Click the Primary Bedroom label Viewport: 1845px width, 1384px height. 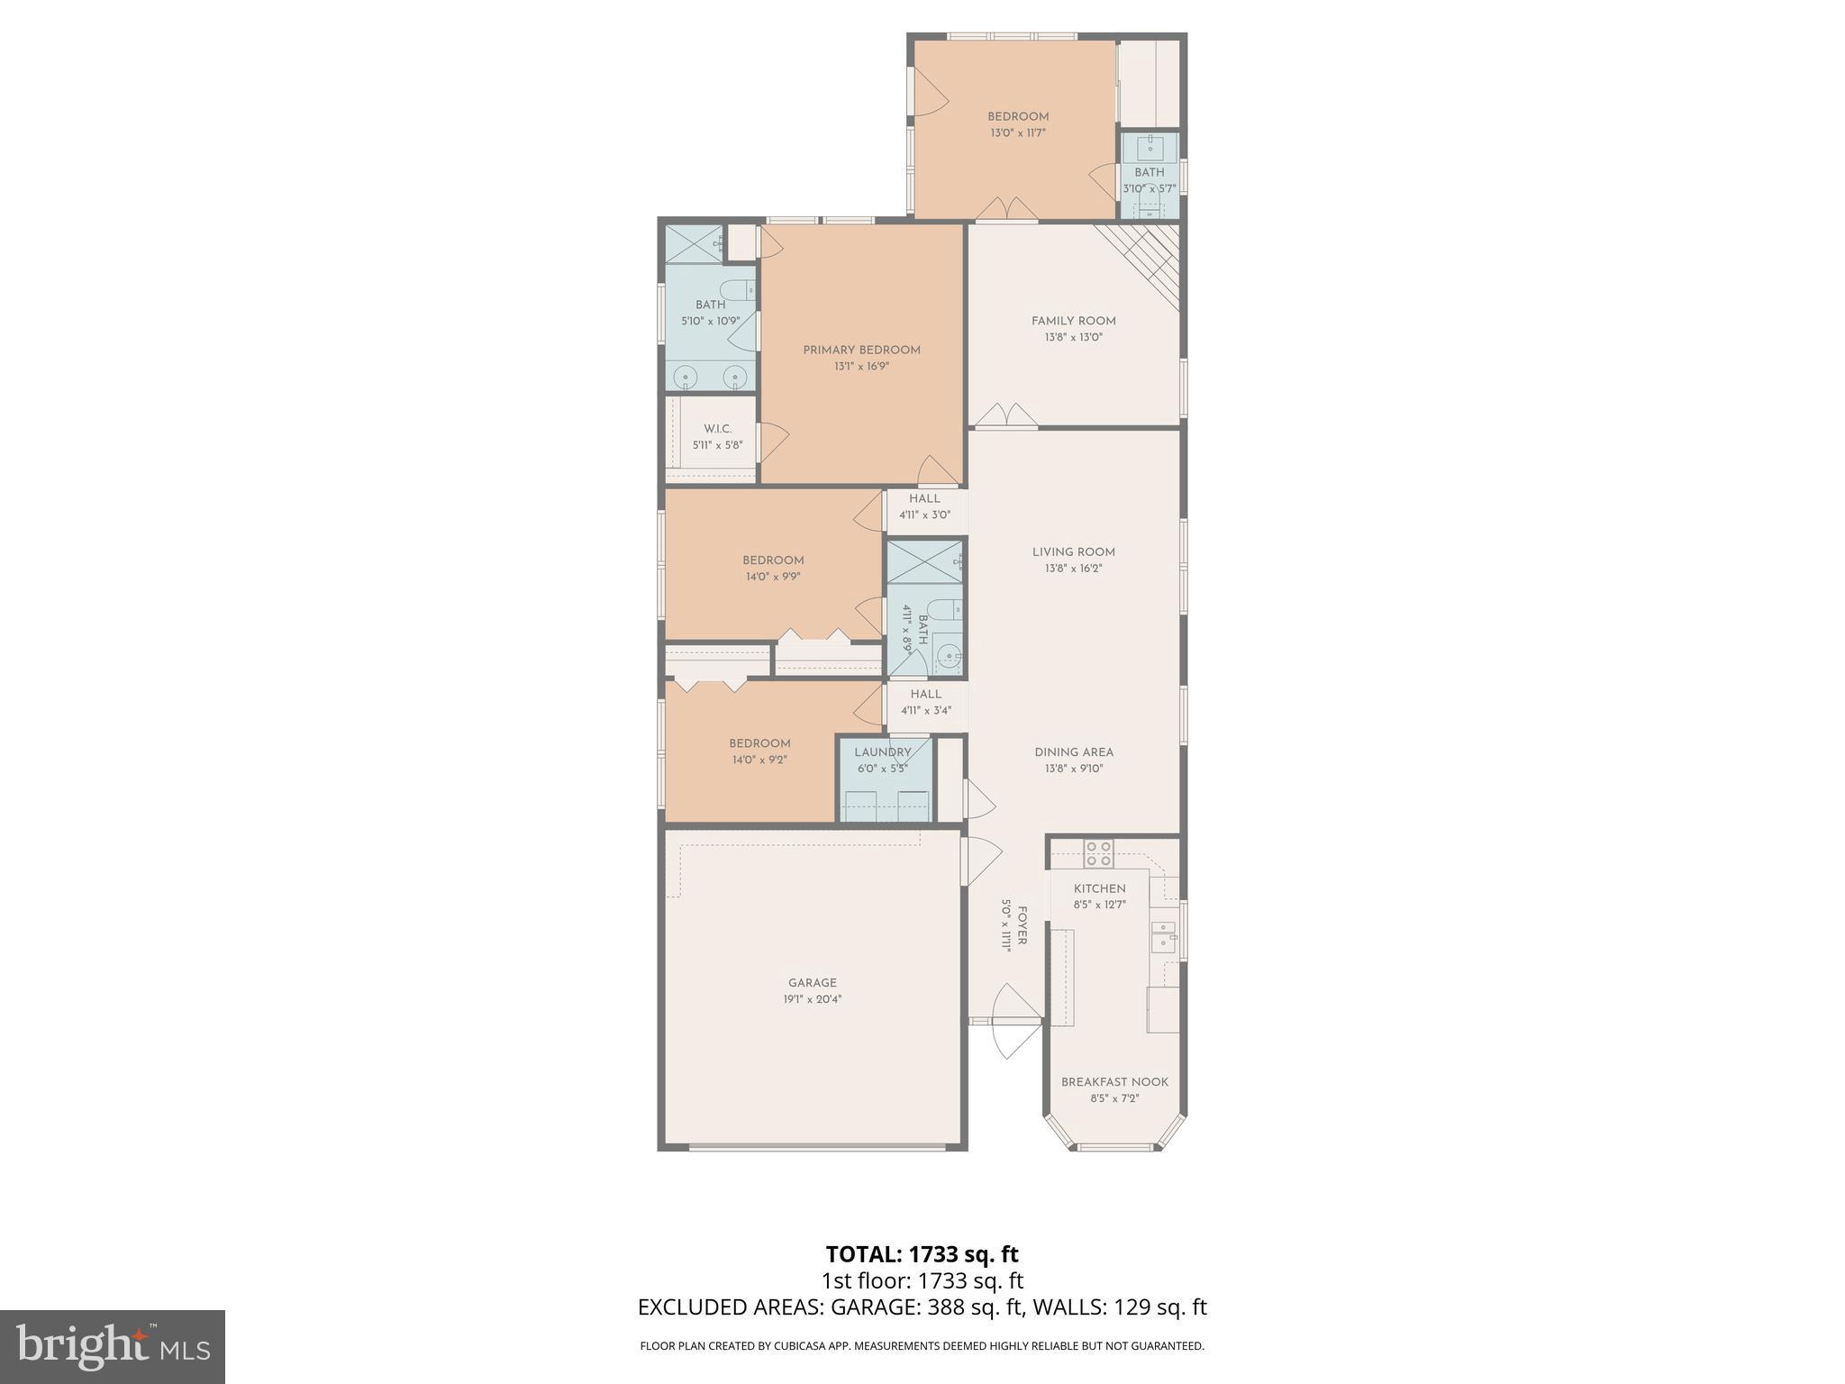click(x=861, y=350)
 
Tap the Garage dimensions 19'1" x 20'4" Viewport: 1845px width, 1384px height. click(x=812, y=999)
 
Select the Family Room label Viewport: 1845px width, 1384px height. click(x=1073, y=321)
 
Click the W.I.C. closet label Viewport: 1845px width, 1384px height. click(x=717, y=429)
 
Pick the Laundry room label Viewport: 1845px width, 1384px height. click(x=882, y=752)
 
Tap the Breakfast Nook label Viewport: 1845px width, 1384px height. click(x=1114, y=1082)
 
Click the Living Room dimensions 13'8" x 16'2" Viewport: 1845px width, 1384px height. click(x=1073, y=569)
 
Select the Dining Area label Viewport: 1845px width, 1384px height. click(x=1073, y=752)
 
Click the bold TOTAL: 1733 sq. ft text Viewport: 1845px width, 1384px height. click(x=922, y=1254)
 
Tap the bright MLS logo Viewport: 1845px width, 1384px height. click(x=113, y=1347)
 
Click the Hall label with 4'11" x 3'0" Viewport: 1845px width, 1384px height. click(x=924, y=499)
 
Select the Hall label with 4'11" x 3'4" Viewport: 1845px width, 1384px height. click(x=925, y=695)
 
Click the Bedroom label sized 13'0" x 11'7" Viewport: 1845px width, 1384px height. click(x=1018, y=116)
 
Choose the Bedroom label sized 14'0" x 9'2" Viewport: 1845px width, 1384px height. click(x=759, y=743)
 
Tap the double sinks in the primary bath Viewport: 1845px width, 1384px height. click(x=711, y=376)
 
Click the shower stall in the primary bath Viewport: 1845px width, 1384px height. click(x=694, y=243)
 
